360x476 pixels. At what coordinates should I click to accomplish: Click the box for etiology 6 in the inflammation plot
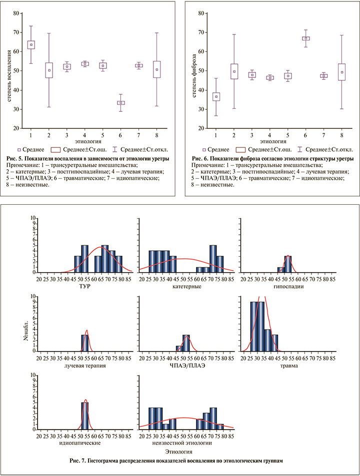[121, 102]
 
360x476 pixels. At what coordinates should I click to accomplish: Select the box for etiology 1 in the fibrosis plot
[216, 96]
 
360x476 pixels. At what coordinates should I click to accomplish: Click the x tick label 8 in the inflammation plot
[156, 135]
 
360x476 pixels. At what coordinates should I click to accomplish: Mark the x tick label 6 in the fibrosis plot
[305, 135]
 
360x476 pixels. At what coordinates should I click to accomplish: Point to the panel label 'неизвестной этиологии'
[186, 443]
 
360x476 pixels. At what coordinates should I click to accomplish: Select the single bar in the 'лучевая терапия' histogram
[85, 343]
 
